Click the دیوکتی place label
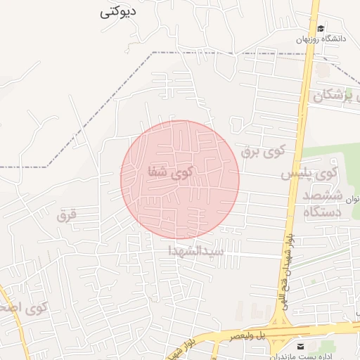pyautogui.click(x=117, y=12)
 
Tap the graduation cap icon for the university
pyautogui.click(x=321, y=29)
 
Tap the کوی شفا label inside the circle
pyautogui.click(x=169, y=172)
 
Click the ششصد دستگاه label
pyautogui.click(x=324, y=202)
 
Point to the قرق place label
pyautogui.click(x=66, y=215)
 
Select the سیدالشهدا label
pyautogui.click(x=196, y=250)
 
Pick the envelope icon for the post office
pyautogui.click(x=301, y=347)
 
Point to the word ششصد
pyautogui.click(x=324, y=194)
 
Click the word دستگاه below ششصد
pyautogui.click(x=323, y=211)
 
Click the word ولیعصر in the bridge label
pyautogui.click(x=243, y=337)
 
